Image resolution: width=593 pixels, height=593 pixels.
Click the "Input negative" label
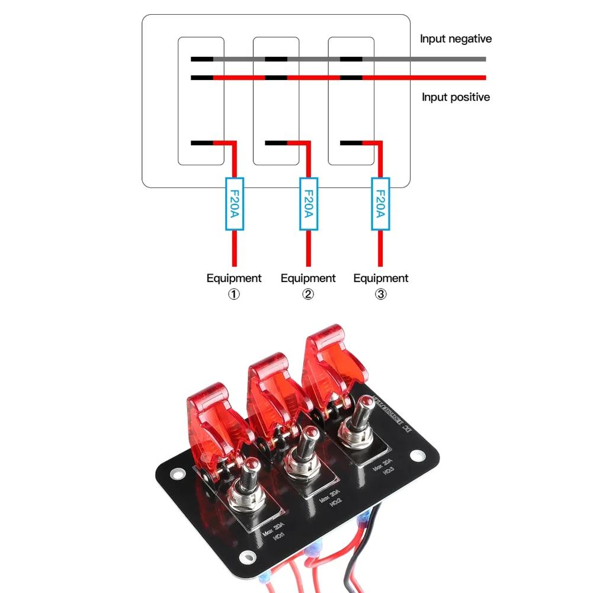point(456,39)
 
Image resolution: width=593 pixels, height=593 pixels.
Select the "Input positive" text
point(456,97)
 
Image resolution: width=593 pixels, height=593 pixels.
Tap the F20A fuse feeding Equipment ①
point(234,204)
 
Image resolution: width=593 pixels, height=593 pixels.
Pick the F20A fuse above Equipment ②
point(307,204)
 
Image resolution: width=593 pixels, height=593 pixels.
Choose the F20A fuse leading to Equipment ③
point(380,204)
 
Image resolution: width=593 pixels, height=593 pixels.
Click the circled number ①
point(234,294)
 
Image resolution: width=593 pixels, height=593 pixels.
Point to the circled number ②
point(307,294)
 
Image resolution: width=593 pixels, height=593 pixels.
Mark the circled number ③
point(380,294)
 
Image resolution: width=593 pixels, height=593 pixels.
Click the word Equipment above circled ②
point(307,278)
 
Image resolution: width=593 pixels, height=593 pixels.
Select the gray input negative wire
point(427,59)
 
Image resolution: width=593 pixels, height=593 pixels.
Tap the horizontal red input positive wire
point(427,78)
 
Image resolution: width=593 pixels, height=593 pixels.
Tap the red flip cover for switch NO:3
point(334,355)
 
